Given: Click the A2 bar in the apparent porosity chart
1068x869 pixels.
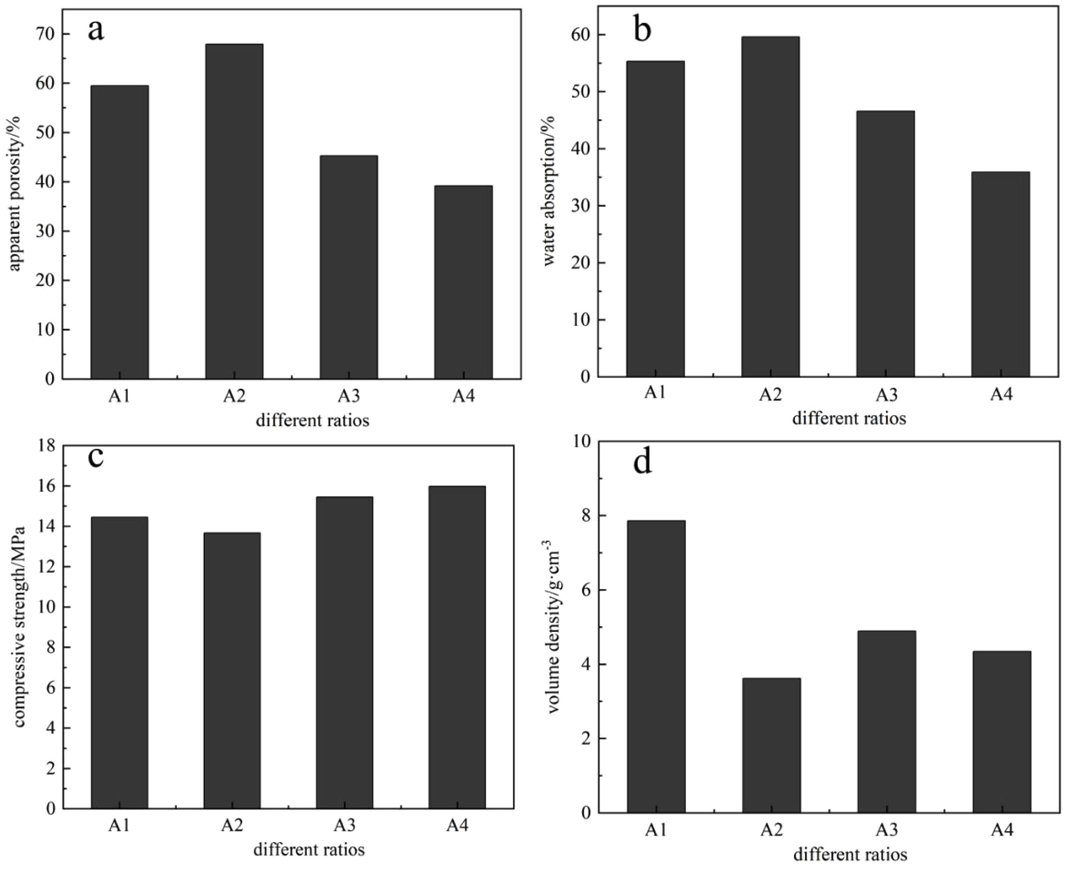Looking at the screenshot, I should click(234, 211).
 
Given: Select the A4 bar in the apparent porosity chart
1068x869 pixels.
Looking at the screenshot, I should click(463, 282).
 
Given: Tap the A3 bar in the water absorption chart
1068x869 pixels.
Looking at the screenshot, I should click(885, 244).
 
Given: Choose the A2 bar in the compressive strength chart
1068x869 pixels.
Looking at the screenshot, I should click(232, 670).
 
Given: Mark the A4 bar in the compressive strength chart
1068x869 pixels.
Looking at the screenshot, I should click(457, 647).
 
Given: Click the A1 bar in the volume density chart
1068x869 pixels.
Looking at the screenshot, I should click(656, 666).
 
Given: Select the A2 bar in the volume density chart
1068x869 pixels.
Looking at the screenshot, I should click(771, 745).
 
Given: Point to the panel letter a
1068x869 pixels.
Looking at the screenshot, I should click(96, 30).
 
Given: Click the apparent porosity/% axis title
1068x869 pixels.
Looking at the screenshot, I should click(15, 194).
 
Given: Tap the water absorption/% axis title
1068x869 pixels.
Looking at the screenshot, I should click(549, 190).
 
